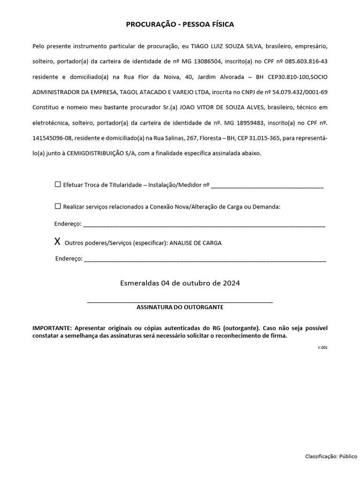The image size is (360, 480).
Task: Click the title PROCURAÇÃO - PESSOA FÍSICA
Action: click(x=180, y=24)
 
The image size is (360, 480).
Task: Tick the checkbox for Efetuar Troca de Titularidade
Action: click(x=58, y=185)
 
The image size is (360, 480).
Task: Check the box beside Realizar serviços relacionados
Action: click(x=58, y=206)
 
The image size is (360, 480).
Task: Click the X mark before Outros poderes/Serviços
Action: click(x=57, y=242)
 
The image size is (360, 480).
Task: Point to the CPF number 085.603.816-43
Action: click(x=304, y=61)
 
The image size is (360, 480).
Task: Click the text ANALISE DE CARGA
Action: click(x=195, y=243)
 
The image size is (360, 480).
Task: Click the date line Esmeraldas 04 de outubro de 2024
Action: click(x=180, y=283)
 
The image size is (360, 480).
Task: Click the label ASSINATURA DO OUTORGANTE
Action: click(x=180, y=307)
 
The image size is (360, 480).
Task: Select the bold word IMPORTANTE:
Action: click(x=52, y=328)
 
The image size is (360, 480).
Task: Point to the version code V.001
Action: click(x=322, y=347)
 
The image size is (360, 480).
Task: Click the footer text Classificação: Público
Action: click(x=331, y=456)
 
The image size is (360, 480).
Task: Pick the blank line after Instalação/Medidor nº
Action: click(x=267, y=187)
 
